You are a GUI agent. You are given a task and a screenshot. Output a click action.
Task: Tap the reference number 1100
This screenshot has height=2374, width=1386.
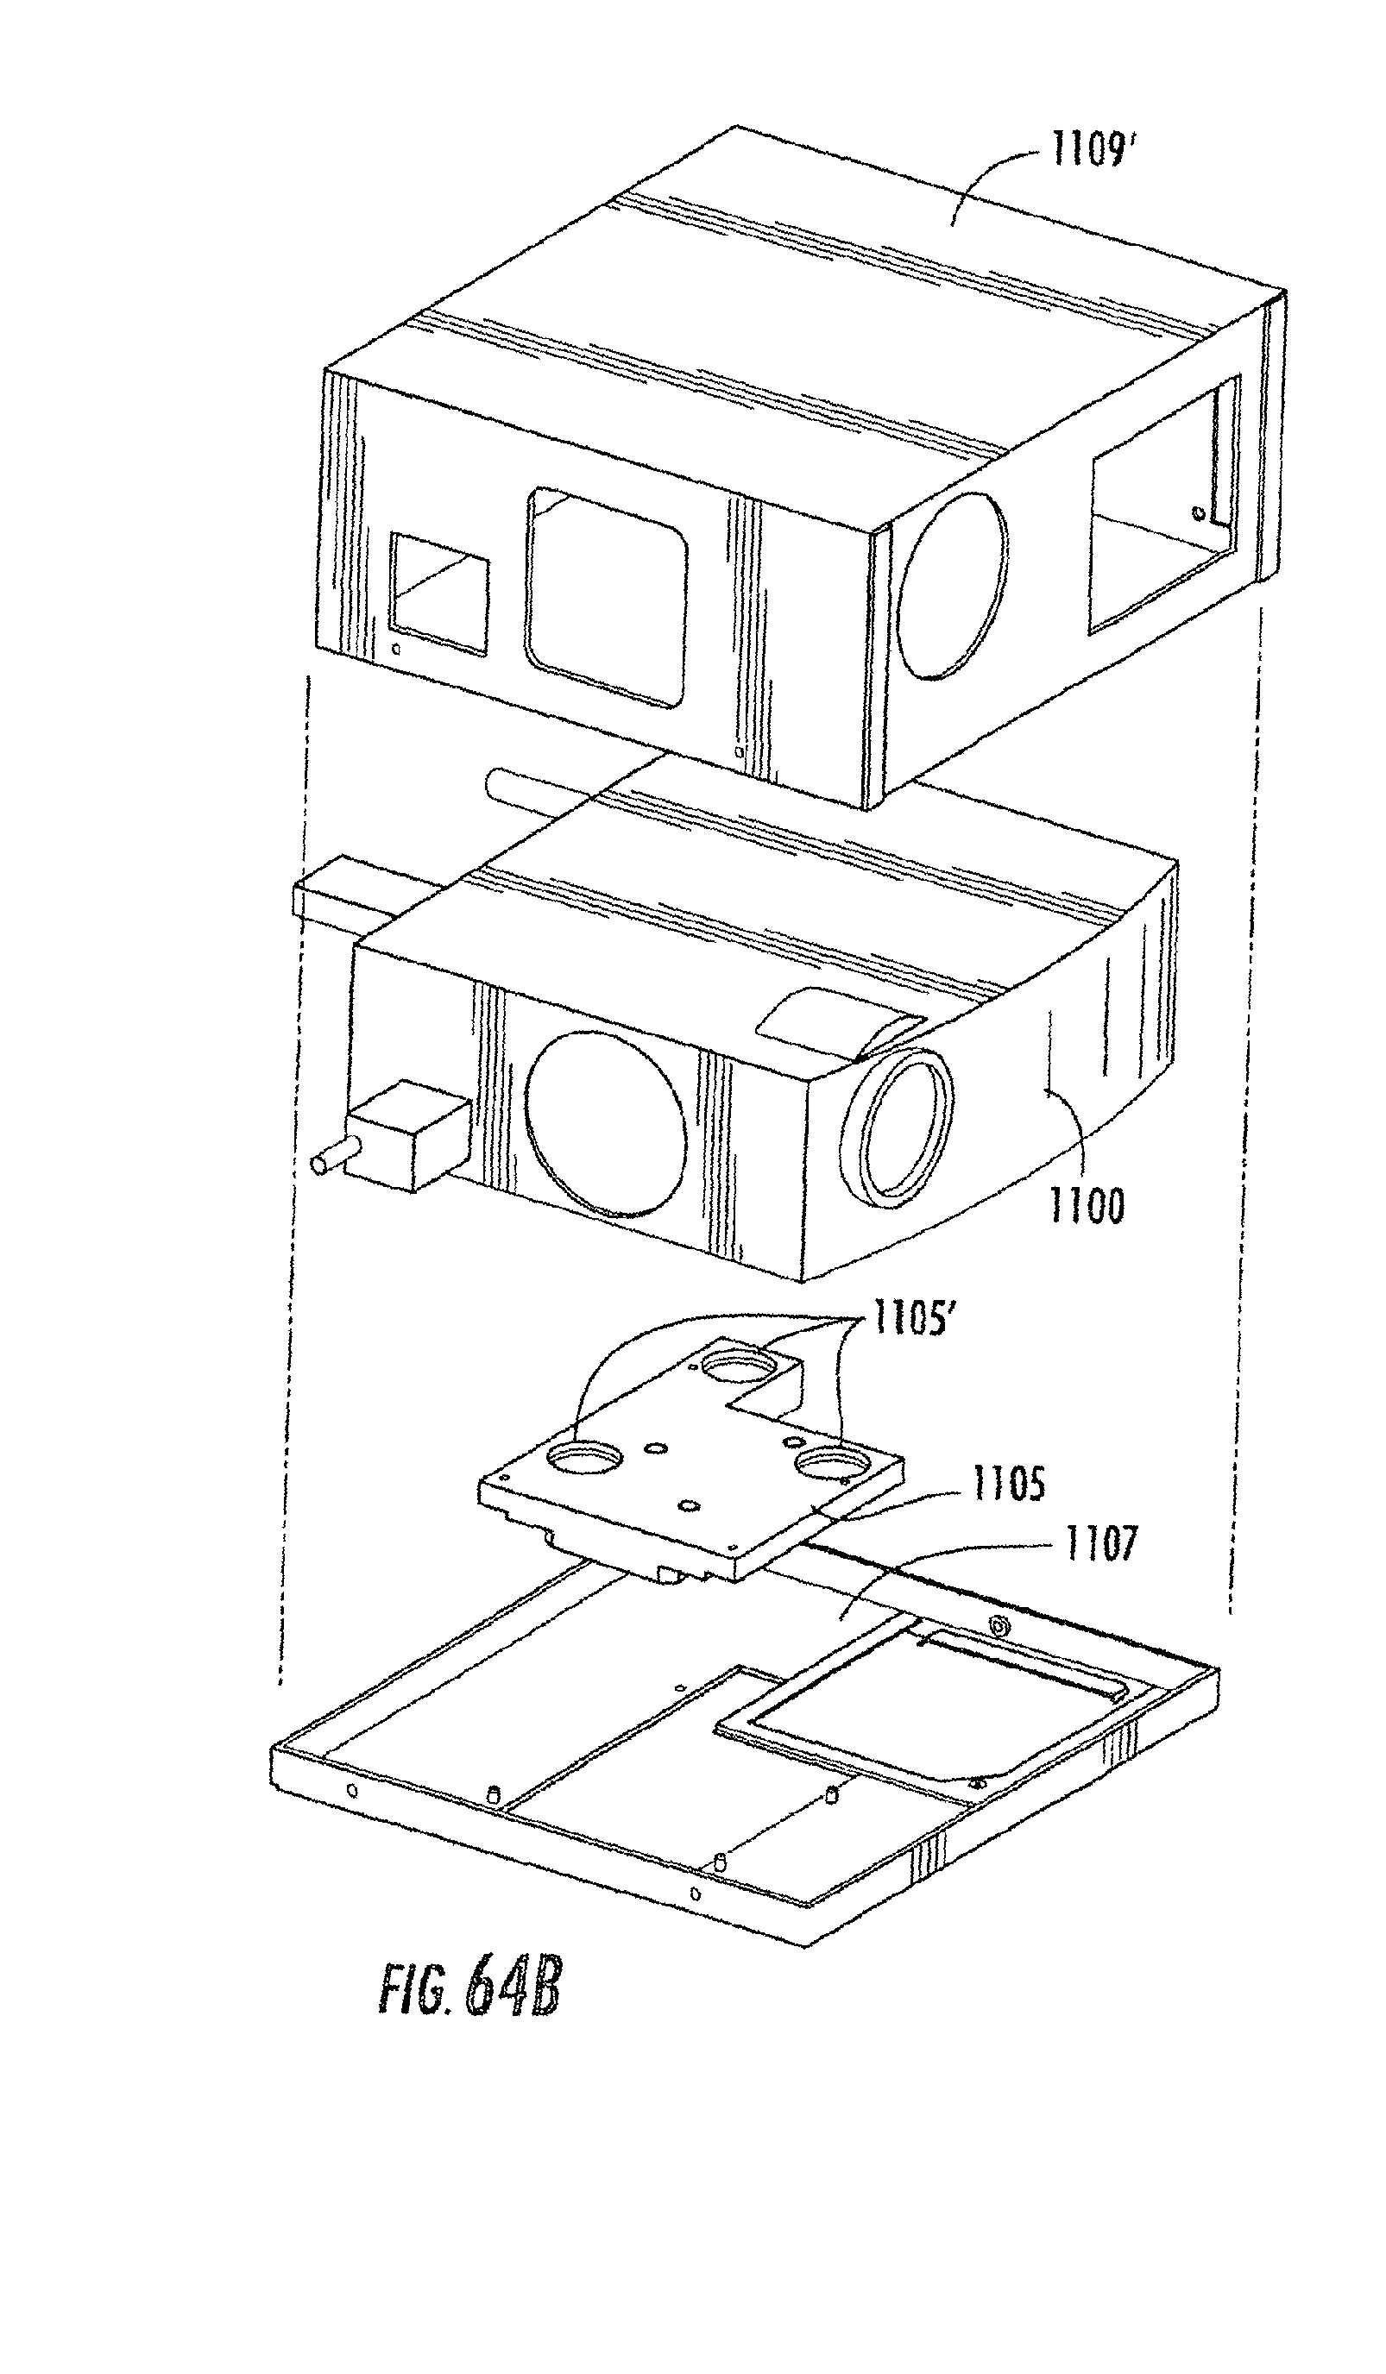1087,1206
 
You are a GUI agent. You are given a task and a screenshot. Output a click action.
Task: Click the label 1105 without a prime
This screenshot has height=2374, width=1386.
1008,1484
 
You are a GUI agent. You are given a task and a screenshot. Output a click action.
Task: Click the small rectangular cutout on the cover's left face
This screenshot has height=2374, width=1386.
439,593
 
